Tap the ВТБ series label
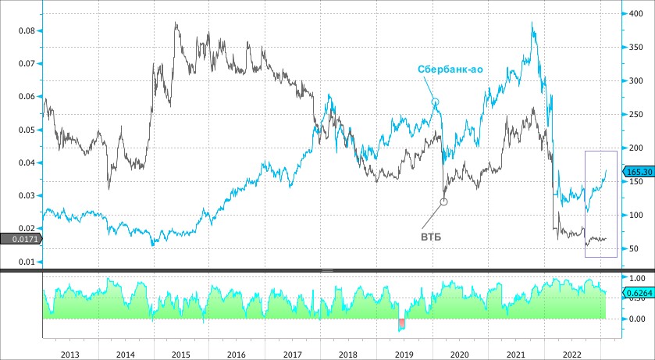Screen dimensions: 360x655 pyautogui.click(x=431, y=235)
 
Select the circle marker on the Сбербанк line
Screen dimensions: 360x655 pyautogui.click(x=436, y=102)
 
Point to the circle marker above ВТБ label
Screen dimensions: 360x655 pyautogui.click(x=443, y=201)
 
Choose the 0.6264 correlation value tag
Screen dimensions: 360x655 pyautogui.click(x=636, y=293)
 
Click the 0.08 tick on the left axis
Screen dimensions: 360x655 pyautogui.click(x=25, y=30)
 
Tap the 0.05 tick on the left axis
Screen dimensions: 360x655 pyautogui.click(x=25, y=130)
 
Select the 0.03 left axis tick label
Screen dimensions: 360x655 pyautogui.click(x=25, y=196)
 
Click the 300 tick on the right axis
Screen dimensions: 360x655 pyautogui.click(x=635, y=80)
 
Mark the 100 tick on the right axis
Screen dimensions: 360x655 pyautogui.click(x=635, y=215)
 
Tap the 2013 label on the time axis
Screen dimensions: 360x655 pyautogui.click(x=69, y=354)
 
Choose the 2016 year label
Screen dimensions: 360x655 pyautogui.click(x=236, y=354)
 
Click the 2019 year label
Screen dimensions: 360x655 pyautogui.click(x=403, y=354)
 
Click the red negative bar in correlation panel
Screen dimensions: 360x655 pyautogui.click(x=402, y=323)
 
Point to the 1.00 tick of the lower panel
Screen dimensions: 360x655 pyautogui.click(x=636, y=278)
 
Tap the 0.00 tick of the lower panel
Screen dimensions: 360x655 pyautogui.click(x=636, y=319)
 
